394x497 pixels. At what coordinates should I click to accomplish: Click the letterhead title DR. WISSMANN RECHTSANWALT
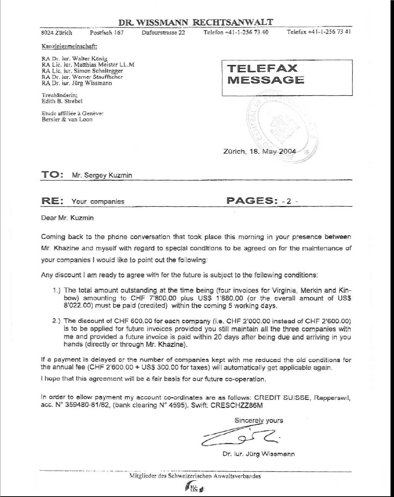[195, 22]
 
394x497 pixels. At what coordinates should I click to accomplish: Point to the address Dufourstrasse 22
[163, 32]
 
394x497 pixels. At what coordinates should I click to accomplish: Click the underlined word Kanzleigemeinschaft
[69, 47]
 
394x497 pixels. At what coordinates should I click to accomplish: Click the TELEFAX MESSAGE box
[287, 77]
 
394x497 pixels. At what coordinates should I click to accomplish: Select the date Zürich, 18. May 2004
[260, 151]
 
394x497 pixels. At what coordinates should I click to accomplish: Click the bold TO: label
[52, 174]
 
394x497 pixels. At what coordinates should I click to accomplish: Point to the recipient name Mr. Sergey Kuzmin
[102, 175]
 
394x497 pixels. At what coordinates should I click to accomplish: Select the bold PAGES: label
[252, 200]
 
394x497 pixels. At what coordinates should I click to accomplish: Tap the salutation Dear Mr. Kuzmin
[67, 218]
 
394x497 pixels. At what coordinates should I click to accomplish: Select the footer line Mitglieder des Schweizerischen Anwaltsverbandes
[195, 476]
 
